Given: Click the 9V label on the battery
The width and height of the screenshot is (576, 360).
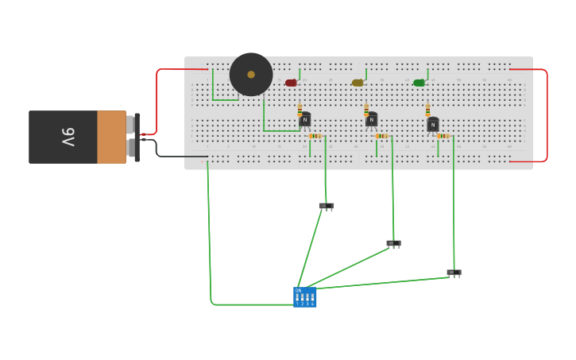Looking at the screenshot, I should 68,137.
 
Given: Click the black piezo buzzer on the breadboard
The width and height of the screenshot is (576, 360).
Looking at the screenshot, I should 251,75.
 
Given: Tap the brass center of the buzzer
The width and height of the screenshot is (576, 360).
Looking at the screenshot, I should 251,75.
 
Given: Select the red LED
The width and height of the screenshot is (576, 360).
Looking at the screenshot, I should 291,83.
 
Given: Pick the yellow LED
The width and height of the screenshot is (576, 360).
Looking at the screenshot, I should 358,83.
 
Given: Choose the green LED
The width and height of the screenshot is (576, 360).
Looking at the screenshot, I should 419,83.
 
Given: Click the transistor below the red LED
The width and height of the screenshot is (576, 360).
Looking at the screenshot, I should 305,120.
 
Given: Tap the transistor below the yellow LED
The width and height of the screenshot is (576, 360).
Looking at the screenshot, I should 371,120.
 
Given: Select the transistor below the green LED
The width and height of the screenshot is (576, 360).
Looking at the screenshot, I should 433,125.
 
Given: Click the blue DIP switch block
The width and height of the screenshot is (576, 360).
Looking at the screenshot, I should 305,297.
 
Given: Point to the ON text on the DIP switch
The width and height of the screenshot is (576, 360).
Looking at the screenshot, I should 299,291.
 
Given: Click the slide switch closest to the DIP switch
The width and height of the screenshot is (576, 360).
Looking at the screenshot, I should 326,206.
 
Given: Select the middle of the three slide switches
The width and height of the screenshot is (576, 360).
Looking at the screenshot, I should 393,243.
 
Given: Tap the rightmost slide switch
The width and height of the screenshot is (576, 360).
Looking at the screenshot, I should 454,273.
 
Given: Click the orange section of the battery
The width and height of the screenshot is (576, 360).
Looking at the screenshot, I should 111,137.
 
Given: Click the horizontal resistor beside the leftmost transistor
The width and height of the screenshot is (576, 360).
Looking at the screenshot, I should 315,136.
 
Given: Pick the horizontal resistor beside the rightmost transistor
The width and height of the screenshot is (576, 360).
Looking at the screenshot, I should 443,136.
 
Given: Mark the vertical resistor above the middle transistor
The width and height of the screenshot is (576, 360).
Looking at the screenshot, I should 366,110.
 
